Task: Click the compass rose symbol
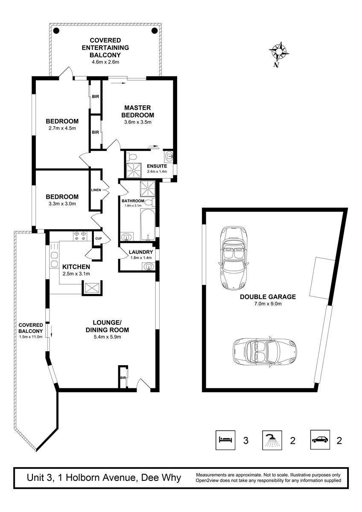point(278,52)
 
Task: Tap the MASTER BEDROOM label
point(137,111)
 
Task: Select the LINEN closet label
point(96,190)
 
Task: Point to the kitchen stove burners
point(80,236)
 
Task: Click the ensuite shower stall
point(133,170)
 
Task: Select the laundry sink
point(149,266)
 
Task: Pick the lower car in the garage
point(265,352)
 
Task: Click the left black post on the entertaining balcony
point(56,30)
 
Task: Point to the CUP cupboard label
point(98,239)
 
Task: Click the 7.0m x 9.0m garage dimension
point(268,304)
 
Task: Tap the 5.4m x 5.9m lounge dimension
point(107,337)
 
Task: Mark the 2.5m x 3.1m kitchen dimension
point(76,274)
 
